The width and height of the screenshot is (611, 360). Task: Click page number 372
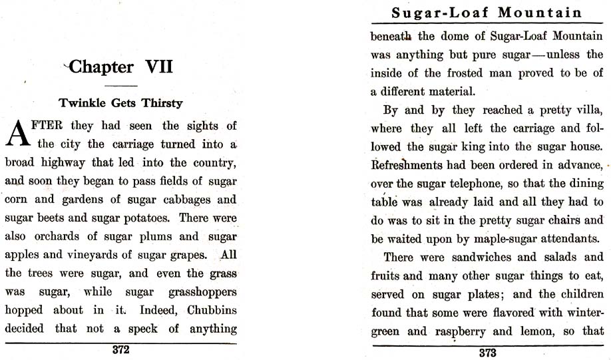(120, 349)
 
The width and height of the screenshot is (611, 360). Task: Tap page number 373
(487, 353)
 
